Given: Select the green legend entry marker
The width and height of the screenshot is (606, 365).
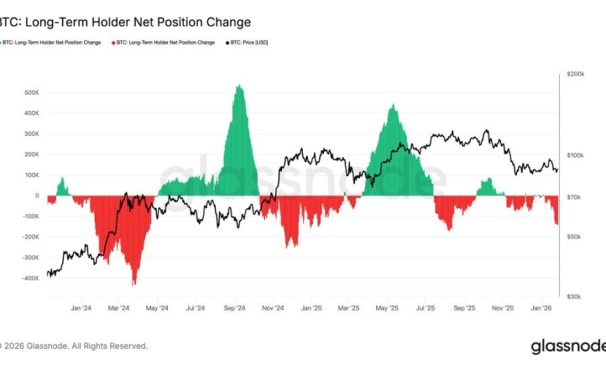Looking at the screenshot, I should (2, 42).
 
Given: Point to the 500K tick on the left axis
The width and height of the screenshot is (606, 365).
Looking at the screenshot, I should (31, 92).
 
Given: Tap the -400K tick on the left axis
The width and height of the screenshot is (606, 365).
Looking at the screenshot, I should (30, 278).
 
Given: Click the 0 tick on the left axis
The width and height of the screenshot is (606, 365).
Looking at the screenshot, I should (37, 196).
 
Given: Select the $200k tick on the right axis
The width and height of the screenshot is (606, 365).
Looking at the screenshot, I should (576, 74).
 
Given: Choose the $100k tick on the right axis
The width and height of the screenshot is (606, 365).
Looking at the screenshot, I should (576, 156).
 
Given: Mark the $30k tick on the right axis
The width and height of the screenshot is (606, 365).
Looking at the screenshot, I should (574, 297).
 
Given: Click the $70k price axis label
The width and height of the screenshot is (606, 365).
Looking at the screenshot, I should (574, 198).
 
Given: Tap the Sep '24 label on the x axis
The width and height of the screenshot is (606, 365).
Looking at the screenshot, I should (235, 308).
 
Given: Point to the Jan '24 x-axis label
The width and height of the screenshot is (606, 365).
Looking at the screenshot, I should (81, 308).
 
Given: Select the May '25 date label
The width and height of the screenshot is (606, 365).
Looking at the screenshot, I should (388, 308).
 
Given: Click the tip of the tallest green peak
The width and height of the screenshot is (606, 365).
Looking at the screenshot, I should (239, 85).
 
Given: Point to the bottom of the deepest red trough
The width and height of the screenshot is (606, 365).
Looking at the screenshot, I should (135, 285).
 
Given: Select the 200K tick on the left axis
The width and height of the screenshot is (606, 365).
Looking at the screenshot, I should (31, 154).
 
